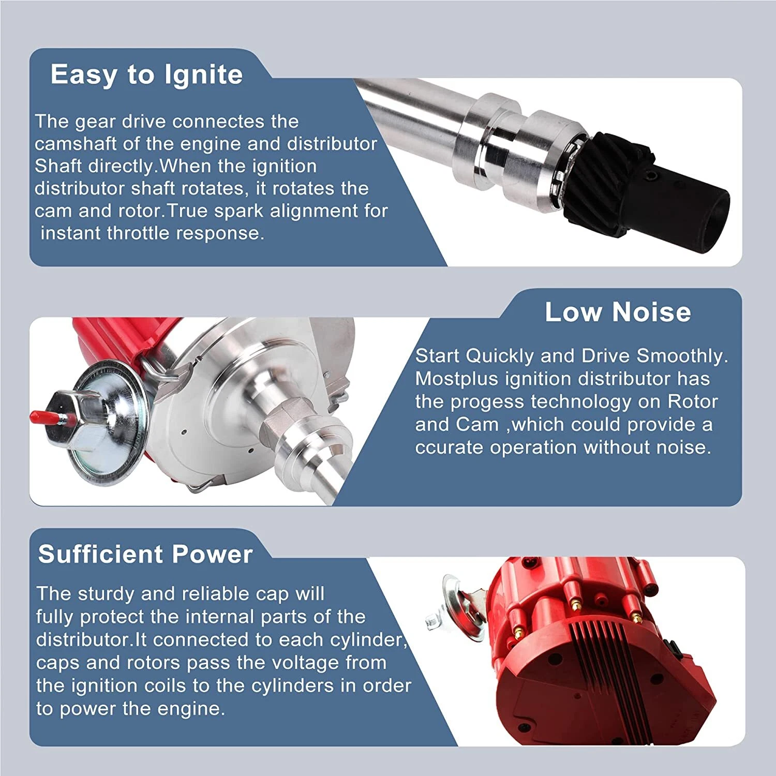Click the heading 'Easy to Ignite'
146,74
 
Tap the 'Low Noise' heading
618,312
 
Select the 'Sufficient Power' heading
145,554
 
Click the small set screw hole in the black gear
653,177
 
